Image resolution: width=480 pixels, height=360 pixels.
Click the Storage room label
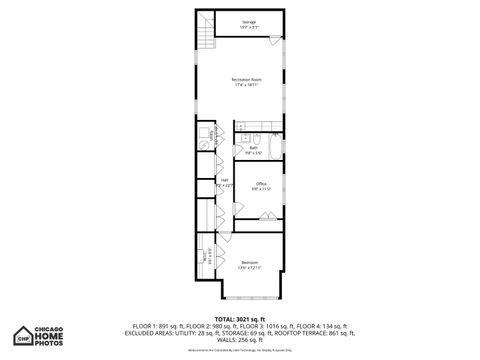coord(249,21)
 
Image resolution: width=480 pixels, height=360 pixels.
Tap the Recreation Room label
coord(246,79)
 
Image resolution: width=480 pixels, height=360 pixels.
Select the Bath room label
coord(254,148)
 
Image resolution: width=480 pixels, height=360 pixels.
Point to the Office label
coord(260,183)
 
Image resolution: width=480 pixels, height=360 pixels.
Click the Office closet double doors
coord(267,216)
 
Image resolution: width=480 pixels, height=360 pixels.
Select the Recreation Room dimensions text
coord(246,85)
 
